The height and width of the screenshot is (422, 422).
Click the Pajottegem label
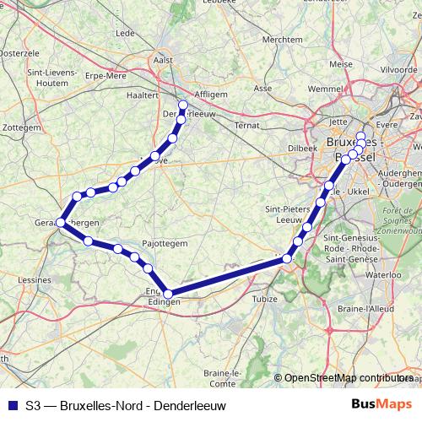pos(165,242)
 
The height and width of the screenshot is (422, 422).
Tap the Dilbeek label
pos(301,146)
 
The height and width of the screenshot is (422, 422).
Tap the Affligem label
pos(210,95)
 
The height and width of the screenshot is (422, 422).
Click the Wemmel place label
pos(302,88)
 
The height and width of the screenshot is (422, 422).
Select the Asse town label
pos(262,87)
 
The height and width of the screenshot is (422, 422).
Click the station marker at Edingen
pos(168,294)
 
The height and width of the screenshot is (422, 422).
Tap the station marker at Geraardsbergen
pos(60,223)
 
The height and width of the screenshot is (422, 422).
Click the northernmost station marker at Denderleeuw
pos(183,105)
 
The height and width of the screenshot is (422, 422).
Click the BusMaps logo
pos(381,404)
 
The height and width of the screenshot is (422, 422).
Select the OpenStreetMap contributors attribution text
pos(349,378)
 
